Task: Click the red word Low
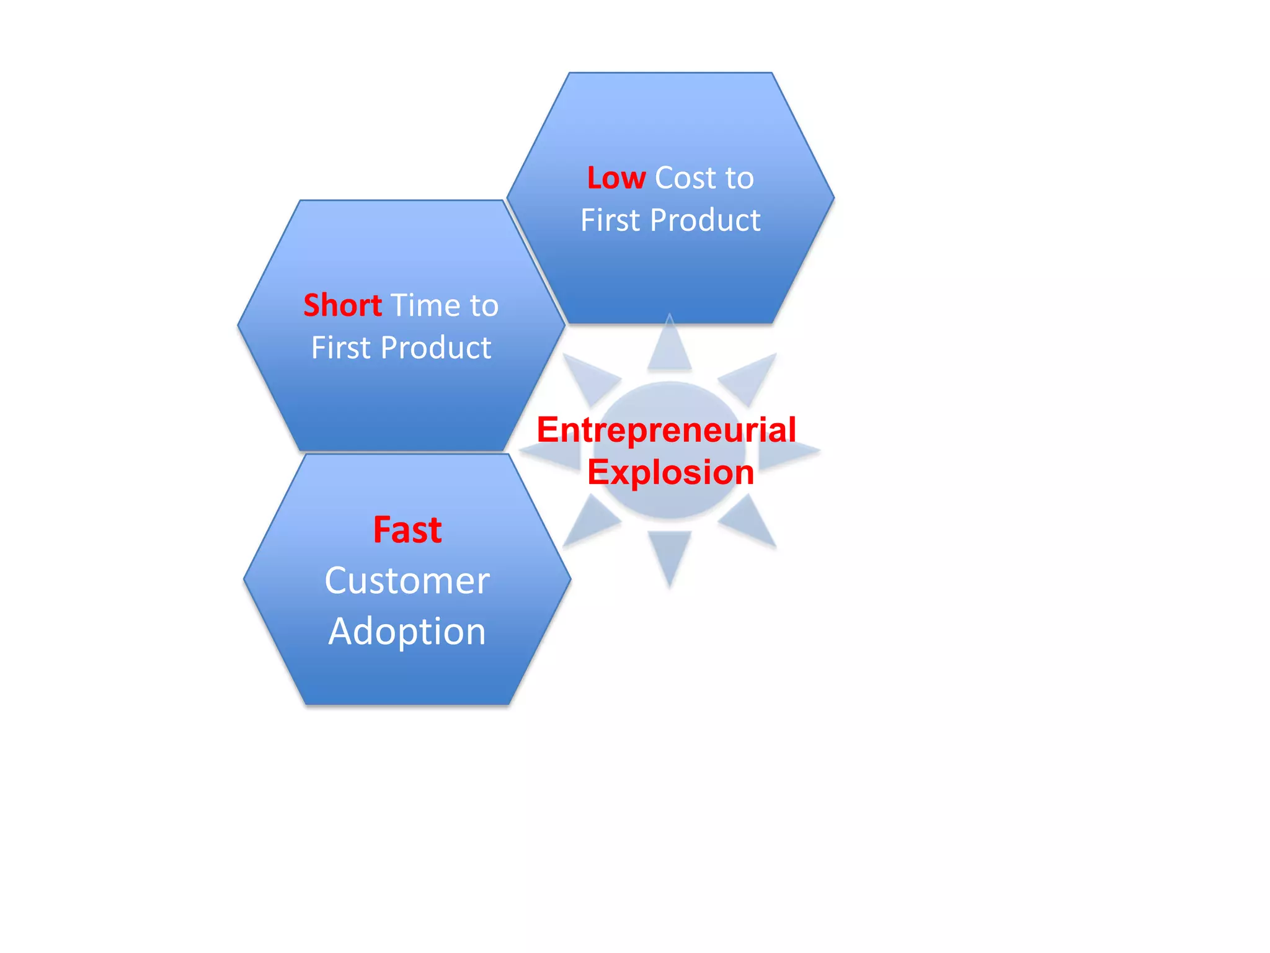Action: [x=616, y=178]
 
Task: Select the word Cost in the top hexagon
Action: [x=686, y=178]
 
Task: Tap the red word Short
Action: [x=342, y=305]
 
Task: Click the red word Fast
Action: [x=407, y=530]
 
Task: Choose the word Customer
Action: [x=407, y=581]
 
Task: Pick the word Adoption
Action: [x=407, y=632]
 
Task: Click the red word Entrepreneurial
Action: [x=667, y=430]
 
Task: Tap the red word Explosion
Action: [x=670, y=472]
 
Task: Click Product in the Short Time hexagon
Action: [x=437, y=347]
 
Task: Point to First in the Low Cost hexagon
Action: [x=610, y=220]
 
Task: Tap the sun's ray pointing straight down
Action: [x=670, y=552]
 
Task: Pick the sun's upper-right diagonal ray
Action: [x=750, y=377]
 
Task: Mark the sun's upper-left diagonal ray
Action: [x=589, y=377]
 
